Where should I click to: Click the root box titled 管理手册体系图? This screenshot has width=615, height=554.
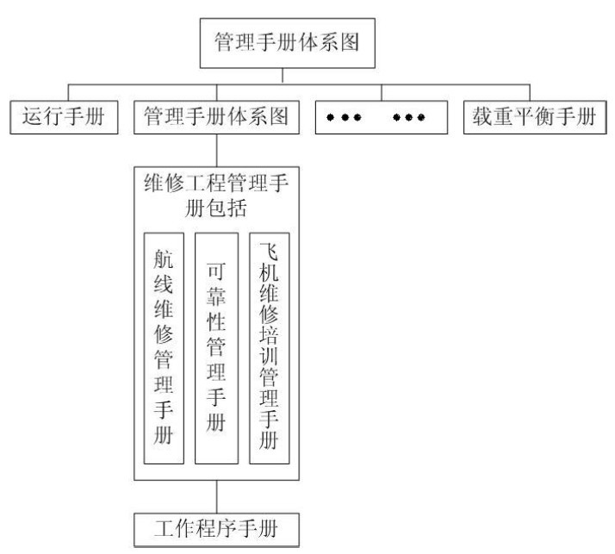point(283,40)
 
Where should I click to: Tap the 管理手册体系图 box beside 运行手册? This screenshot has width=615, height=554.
point(216,116)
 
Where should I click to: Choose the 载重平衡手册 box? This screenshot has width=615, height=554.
point(532,116)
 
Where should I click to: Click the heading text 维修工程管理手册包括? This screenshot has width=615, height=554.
point(216,197)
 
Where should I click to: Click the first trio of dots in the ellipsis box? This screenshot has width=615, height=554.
point(344,117)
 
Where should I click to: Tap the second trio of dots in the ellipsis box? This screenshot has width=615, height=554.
point(409,117)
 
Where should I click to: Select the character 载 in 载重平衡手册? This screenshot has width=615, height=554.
point(481,116)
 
